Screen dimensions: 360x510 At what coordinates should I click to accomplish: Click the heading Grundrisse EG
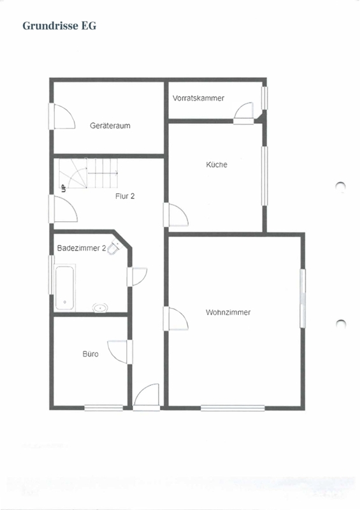59,25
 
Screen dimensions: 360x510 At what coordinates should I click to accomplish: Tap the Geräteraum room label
110,126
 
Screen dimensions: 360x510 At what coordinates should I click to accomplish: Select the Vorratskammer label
198,98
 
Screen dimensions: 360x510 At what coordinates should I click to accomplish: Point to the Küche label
217,164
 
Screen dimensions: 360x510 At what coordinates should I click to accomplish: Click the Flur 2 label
125,196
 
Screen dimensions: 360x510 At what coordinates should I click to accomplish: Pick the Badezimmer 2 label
82,248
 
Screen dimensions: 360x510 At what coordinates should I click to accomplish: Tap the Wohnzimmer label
228,312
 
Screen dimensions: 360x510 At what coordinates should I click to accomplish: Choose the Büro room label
90,354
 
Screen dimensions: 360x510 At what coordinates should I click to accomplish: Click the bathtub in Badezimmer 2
65,288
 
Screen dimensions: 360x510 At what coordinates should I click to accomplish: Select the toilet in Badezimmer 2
114,247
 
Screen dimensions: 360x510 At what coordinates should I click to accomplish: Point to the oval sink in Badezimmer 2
100,307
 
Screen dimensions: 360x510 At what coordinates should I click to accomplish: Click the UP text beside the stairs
64,188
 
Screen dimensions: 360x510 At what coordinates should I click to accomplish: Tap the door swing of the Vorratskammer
243,112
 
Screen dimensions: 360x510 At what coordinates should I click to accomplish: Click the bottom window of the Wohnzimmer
233,408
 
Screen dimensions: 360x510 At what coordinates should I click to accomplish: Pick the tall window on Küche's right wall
264,176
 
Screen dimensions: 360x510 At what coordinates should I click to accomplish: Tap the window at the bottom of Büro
103,408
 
